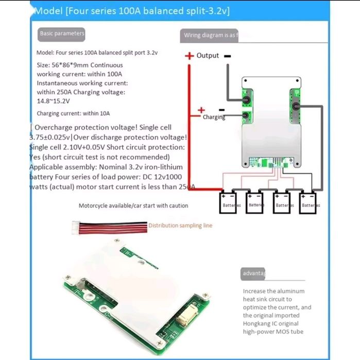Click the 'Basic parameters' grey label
(x=61, y=33)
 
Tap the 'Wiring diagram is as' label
(x=210, y=36)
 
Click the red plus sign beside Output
(x=190, y=56)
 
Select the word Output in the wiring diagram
(x=208, y=56)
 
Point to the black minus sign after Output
(x=227, y=56)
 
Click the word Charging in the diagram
(x=214, y=117)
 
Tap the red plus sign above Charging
(x=201, y=110)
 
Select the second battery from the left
(x=255, y=201)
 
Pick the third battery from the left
(x=282, y=201)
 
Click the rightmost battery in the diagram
(x=310, y=201)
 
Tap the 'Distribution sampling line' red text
(x=180, y=226)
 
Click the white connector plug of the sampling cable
(x=77, y=225)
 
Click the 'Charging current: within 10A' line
(x=73, y=113)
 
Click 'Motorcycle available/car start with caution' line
(x=133, y=205)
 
